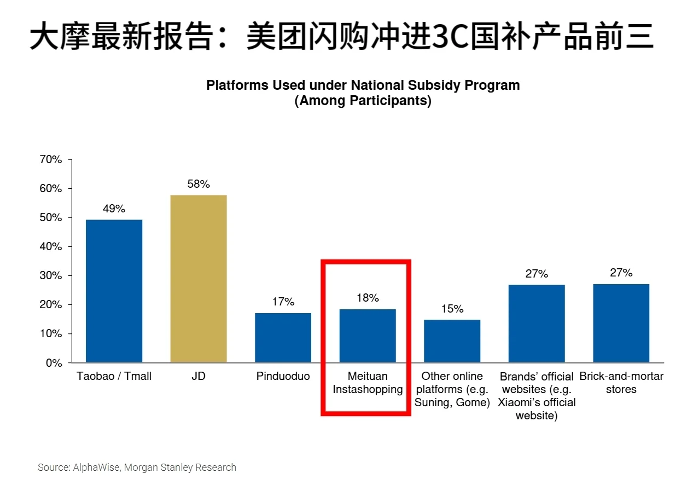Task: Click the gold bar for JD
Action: pyautogui.click(x=199, y=279)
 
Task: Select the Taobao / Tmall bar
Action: pyautogui.click(x=114, y=291)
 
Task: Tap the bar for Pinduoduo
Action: pyautogui.click(x=283, y=337)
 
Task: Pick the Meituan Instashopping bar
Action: pyautogui.click(x=368, y=336)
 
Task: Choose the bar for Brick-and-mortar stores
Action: pyautogui.click(x=621, y=323)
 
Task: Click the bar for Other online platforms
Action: pyautogui.click(x=452, y=341)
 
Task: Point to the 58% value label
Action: pyautogui.click(x=199, y=184)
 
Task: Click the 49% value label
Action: pyautogui.click(x=114, y=209)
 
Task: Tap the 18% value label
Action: pyautogui.click(x=368, y=298)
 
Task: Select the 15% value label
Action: pyautogui.click(x=452, y=309)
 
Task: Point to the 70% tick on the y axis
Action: pyautogui.click(x=51, y=160)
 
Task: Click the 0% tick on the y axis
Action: pyautogui.click(x=54, y=363)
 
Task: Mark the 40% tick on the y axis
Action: pyautogui.click(x=51, y=247)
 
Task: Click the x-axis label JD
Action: pyautogui.click(x=199, y=377)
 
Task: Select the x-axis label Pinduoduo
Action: pyautogui.click(x=283, y=377)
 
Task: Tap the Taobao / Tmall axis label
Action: pyautogui.click(x=114, y=377)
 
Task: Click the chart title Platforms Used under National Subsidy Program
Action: pyautogui.click(x=363, y=85)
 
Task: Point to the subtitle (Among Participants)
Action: pyautogui.click(x=363, y=101)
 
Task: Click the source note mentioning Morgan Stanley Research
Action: pyautogui.click(x=137, y=467)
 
